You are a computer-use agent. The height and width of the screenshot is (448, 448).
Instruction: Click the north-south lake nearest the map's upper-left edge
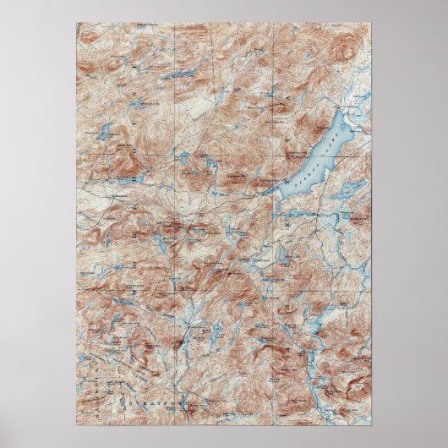point(105,132)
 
